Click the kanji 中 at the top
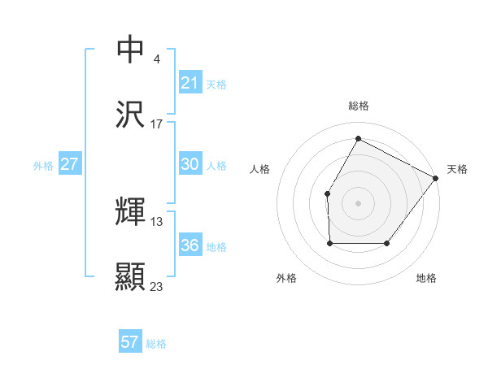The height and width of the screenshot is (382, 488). (131, 49)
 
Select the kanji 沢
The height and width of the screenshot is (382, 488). (131, 115)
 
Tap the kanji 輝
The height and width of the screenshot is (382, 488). (131, 212)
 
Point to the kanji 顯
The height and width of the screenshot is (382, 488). (131, 277)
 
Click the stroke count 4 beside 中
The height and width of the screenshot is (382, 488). (156, 59)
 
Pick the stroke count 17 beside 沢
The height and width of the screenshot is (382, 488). (157, 124)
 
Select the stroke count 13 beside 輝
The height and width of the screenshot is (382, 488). (157, 221)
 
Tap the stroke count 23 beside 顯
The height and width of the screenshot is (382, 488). (157, 286)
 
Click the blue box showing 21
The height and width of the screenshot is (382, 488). (190, 82)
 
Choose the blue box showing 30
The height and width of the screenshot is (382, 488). (190, 164)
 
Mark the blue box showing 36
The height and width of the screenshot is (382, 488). (190, 245)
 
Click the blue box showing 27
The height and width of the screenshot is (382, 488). (70, 164)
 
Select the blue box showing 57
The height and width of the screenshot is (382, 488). (130, 342)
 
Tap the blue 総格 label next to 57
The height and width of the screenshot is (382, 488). (156, 344)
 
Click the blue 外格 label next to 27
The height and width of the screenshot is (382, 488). (43, 165)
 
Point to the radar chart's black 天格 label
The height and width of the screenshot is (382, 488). (457, 169)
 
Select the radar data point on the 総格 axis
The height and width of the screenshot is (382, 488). (358, 138)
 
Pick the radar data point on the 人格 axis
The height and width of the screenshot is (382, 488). (327, 193)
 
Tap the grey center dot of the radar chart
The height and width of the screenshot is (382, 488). (358, 203)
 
